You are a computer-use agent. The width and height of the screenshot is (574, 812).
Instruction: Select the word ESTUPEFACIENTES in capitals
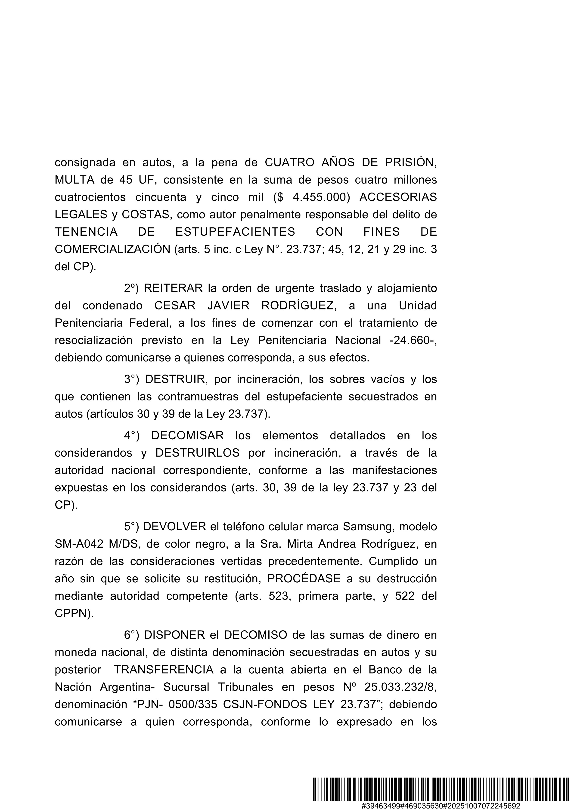click(235, 232)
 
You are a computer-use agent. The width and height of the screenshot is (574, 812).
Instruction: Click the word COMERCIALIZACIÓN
click(112, 249)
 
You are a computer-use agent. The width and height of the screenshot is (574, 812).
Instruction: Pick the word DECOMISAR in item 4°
click(187, 435)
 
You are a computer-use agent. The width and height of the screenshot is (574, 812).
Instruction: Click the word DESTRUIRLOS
click(197, 453)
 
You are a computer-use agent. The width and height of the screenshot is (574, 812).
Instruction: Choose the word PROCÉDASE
click(304, 579)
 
